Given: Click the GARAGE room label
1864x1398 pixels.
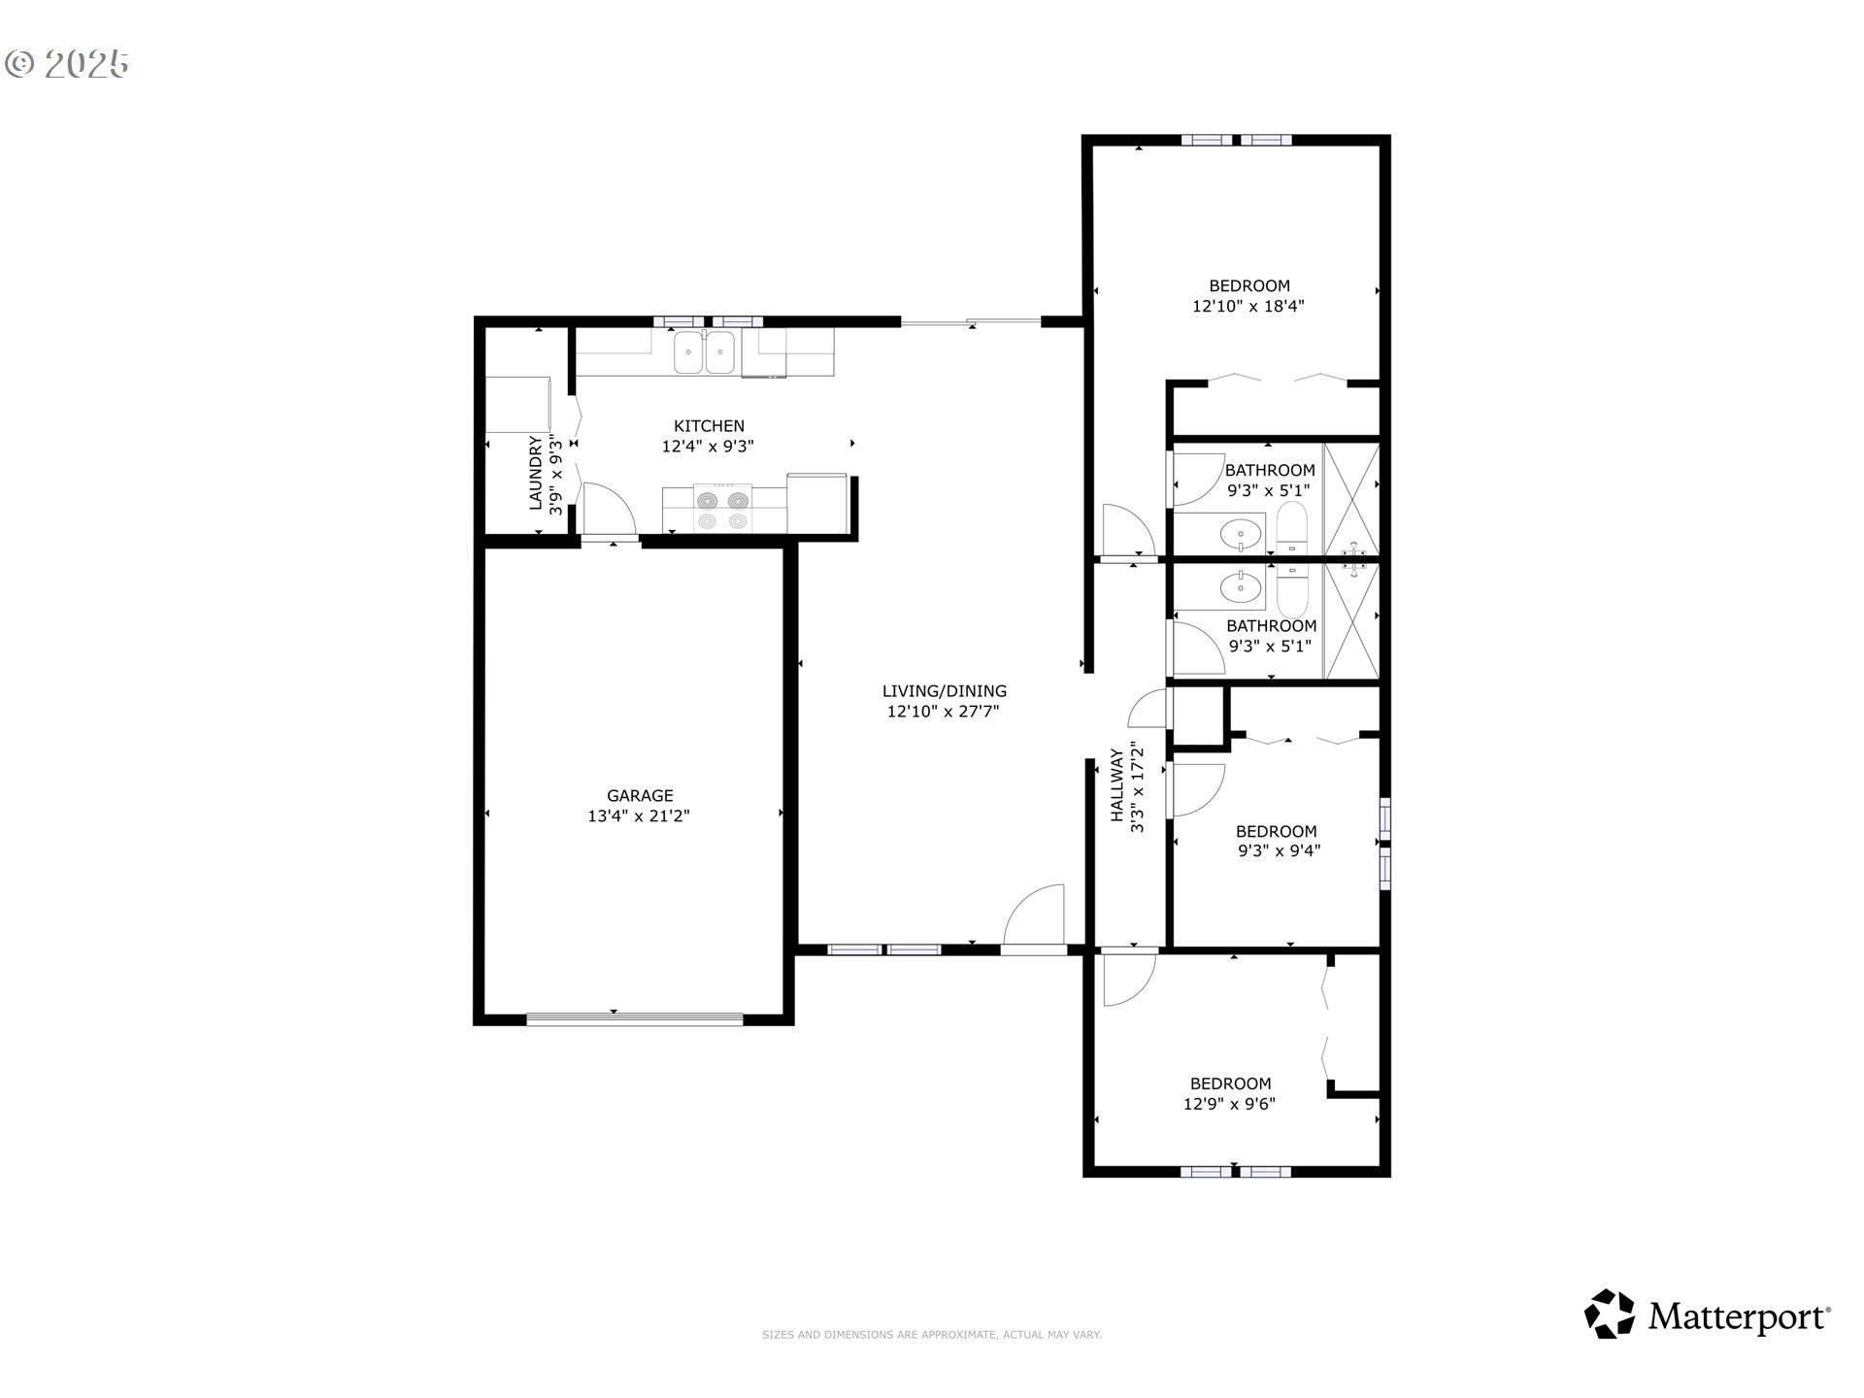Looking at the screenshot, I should click(x=640, y=795).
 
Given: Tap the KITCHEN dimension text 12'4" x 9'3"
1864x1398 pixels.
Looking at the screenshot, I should click(x=708, y=447).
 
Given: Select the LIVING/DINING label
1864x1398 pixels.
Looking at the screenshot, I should click(x=944, y=691).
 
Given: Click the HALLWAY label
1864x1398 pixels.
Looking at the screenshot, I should click(x=1117, y=785).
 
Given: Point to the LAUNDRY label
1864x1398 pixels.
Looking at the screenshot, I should click(x=536, y=473).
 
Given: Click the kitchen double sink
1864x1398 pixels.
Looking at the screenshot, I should click(x=704, y=351).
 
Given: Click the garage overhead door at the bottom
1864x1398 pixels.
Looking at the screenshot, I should click(x=634, y=1018).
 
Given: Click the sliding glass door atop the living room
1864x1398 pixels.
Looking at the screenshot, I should click(x=971, y=321).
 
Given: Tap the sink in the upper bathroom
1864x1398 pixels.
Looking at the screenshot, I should click(x=1240, y=533).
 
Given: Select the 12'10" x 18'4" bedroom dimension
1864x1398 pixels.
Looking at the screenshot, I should click(x=1248, y=306).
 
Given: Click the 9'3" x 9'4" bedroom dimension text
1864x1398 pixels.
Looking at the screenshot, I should click(x=1279, y=851).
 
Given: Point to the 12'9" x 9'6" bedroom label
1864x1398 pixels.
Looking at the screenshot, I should click(x=1230, y=1083).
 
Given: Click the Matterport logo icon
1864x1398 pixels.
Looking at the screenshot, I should click(x=1610, y=1315).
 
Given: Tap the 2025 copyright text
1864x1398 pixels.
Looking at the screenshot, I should click(x=68, y=64).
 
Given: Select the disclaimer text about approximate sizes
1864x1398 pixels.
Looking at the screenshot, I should click(x=931, y=1335).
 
